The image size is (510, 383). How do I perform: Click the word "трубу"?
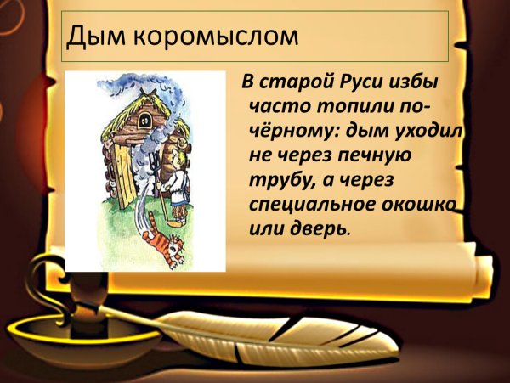(x=279, y=181)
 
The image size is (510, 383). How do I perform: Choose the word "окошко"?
(x=417, y=205)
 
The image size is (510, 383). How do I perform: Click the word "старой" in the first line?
(x=291, y=83)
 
